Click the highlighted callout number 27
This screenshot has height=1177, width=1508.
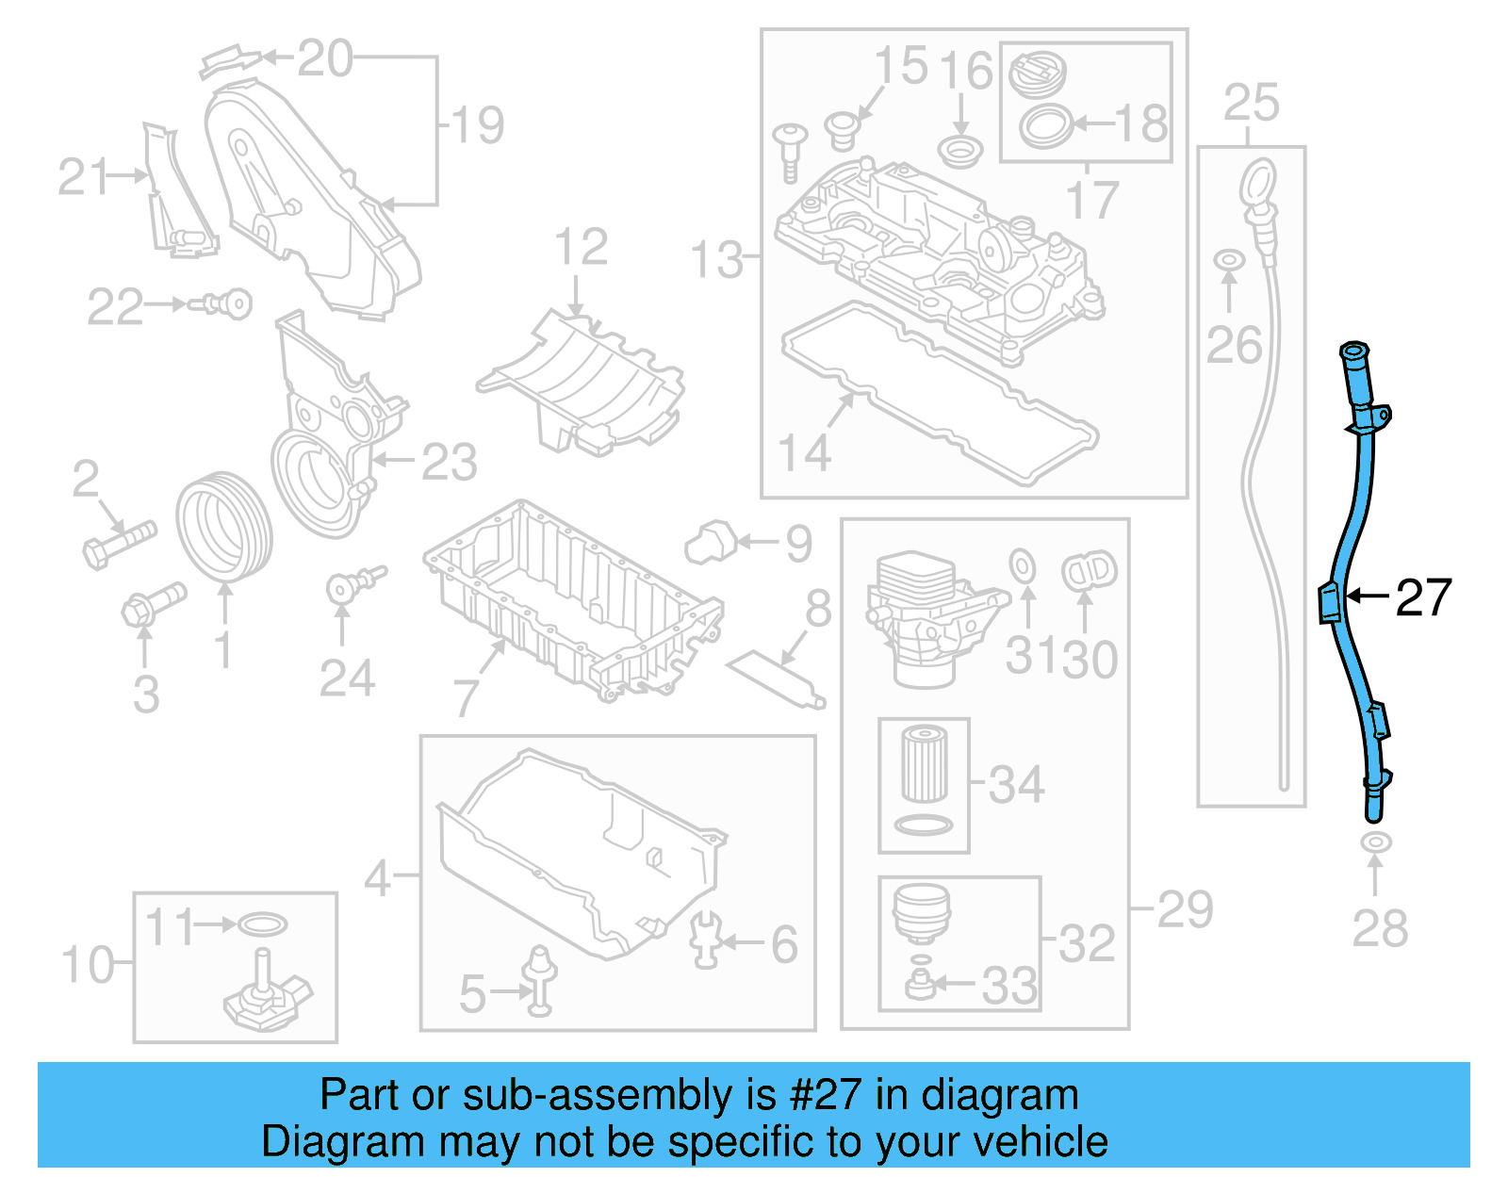tap(1423, 597)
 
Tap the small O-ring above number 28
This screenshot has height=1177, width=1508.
tap(1375, 842)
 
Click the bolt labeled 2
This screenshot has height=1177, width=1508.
tap(119, 544)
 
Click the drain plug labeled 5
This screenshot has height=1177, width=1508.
tap(540, 980)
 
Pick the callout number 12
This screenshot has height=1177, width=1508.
tap(581, 248)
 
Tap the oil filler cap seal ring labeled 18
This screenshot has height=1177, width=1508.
tap(1046, 125)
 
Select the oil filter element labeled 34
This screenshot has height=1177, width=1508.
tap(924, 763)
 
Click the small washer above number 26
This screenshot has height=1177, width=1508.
tap(1228, 258)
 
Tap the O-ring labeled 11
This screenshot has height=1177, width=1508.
tap(262, 924)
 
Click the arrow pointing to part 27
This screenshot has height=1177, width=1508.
tap(1367, 596)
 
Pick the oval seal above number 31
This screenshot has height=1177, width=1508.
tap(1023, 566)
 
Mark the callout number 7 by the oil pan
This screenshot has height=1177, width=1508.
tap(467, 697)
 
